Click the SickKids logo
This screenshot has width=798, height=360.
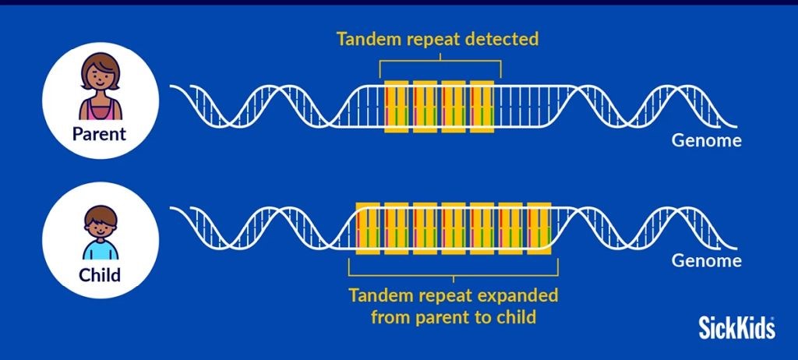(736, 327)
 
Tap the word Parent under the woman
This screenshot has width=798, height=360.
(99, 134)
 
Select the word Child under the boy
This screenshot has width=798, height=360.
(100, 275)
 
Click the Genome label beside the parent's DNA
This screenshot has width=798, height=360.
(706, 140)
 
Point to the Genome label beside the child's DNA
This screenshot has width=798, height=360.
(706, 261)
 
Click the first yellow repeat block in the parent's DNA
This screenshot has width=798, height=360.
(396, 107)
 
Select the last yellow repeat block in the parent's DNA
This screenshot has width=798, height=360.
(482, 107)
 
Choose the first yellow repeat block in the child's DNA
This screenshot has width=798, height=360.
(368, 228)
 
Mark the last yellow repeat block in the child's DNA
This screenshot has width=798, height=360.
(539, 228)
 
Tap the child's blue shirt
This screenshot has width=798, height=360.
(101, 251)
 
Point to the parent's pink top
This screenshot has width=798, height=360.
(101, 109)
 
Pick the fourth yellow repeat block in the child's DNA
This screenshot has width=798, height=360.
(453, 228)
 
